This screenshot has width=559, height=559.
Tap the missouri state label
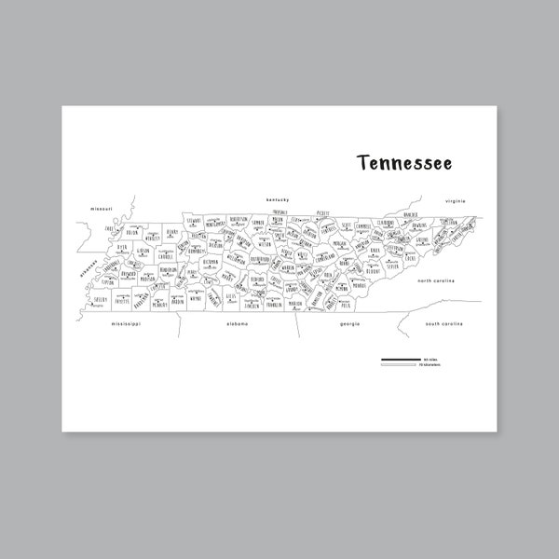[101, 208]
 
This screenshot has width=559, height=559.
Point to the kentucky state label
[279, 200]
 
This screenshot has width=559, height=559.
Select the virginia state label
[455, 201]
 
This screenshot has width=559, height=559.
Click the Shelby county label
[100, 300]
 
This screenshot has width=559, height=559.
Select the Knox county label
[375, 250]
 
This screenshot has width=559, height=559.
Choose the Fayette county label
[122, 300]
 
